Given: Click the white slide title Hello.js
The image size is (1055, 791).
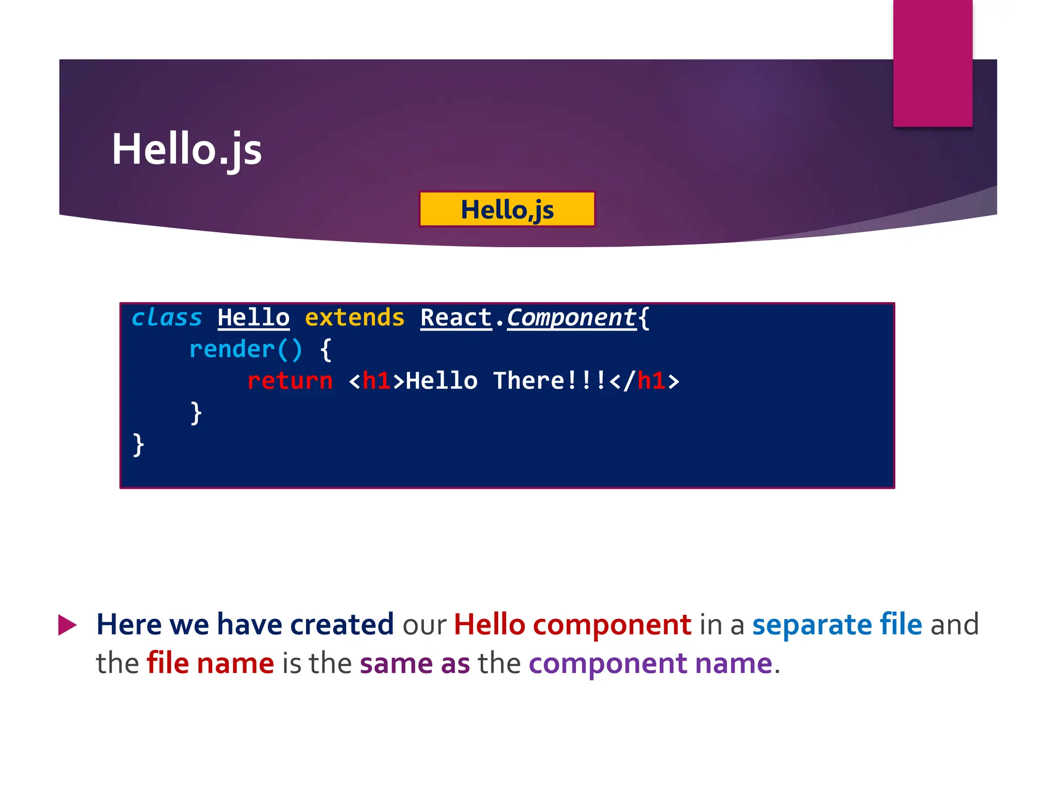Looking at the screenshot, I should click(x=186, y=149).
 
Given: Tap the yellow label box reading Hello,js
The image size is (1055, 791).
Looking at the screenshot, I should click(x=507, y=209).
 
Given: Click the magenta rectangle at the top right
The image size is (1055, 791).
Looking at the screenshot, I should click(x=932, y=63).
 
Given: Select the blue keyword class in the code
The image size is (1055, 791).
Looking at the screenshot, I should click(x=166, y=317).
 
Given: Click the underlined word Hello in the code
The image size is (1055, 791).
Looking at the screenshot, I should click(x=253, y=317).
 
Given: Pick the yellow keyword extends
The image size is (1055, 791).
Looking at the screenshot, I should click(x=354, y=317).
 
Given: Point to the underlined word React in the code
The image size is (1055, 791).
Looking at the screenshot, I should click(x=456, y=317).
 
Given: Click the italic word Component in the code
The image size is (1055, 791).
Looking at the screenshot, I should click(x=572, y=317).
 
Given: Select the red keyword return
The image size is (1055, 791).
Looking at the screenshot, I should click(x=290, y=381).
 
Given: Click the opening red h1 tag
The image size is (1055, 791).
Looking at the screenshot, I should click(x=376, y=381).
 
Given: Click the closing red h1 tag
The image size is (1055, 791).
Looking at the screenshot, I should click(x=651, y=381).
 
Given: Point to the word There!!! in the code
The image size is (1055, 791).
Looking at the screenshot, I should click(x=549, y=381).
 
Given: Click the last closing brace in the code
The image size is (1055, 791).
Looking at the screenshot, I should click(x=138, y=444).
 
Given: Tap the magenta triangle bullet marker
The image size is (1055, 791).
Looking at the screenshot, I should click(x=67, y=625).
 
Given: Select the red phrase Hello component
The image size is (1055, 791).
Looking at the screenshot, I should click(x=572, y=625).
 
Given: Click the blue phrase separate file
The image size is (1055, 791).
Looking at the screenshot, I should click(x=837, y=625).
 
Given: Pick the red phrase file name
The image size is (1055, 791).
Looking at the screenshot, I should click(x=210, y=663).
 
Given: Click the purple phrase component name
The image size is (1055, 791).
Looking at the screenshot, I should click(x=650, y=663).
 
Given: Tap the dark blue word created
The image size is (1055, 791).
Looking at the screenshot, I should click(x=342, y=625).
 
